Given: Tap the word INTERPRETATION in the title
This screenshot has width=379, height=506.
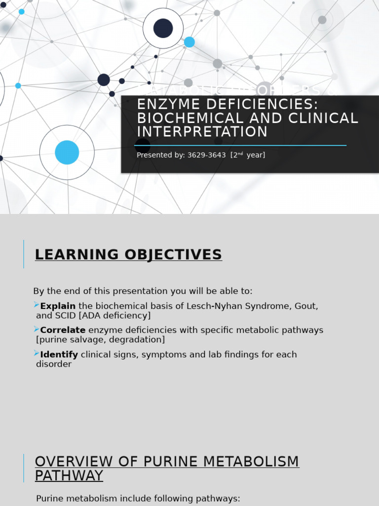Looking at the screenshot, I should click(202, 132).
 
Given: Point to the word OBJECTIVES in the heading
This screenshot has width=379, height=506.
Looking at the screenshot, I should click(176, 254).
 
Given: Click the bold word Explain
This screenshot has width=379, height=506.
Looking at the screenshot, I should click(58, 306).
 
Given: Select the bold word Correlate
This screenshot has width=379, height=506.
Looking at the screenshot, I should click(63, 330).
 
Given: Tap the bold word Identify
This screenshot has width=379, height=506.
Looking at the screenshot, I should click(59, 354).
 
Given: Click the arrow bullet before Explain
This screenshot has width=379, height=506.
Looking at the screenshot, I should click(37, 305).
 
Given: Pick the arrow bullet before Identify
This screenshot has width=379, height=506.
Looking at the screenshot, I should click(37, 353).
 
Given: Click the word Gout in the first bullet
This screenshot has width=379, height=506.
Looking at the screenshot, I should click(306, 306).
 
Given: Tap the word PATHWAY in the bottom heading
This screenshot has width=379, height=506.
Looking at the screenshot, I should click(69, 475).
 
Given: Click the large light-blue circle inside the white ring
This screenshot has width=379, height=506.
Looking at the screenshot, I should click(67, 152).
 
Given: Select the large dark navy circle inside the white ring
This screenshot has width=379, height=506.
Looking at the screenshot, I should click(163, 28).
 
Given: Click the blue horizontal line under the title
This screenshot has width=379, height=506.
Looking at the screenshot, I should click(240, 145).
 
